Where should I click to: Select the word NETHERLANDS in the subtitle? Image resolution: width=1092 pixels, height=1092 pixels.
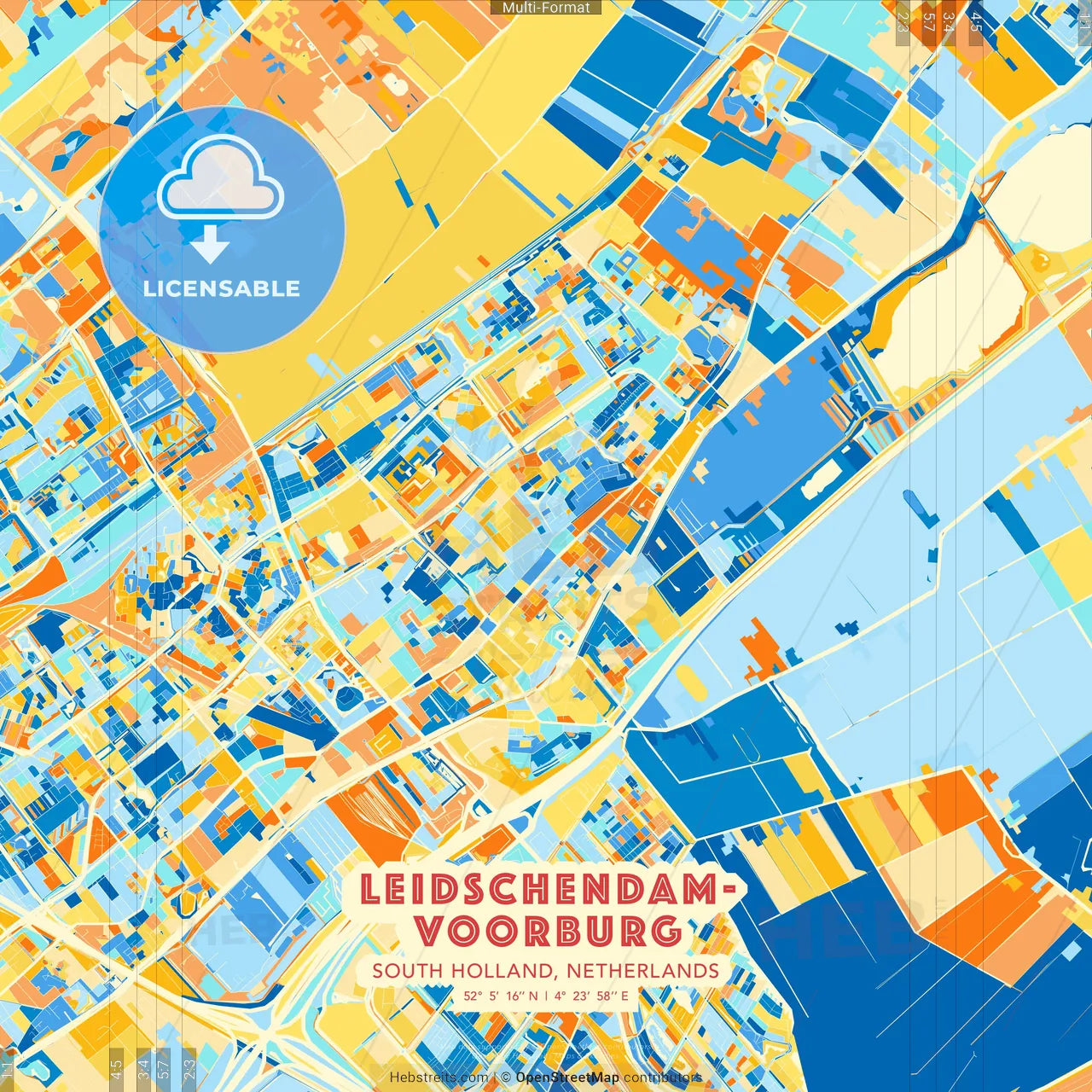(642, 971)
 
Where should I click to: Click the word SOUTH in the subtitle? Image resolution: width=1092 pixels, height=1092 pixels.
(407, 971)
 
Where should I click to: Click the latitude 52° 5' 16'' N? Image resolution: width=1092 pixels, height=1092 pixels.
(501, 996)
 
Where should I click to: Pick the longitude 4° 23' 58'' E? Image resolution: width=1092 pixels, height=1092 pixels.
(591, 996)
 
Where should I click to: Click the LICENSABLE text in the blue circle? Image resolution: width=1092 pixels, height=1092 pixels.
(222, 288)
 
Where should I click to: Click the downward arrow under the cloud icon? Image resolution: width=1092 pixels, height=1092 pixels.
(210, 247)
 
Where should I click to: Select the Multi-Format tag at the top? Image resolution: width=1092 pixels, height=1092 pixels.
(546, 8)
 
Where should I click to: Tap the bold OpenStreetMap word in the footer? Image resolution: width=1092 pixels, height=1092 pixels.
(567, 1077)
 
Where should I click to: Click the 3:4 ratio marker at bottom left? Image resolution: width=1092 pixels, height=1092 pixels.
(142, 1066)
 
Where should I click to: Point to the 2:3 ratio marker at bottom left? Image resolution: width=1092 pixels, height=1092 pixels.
(189, 1066)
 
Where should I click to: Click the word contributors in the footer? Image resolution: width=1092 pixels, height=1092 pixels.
(663, 1077)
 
